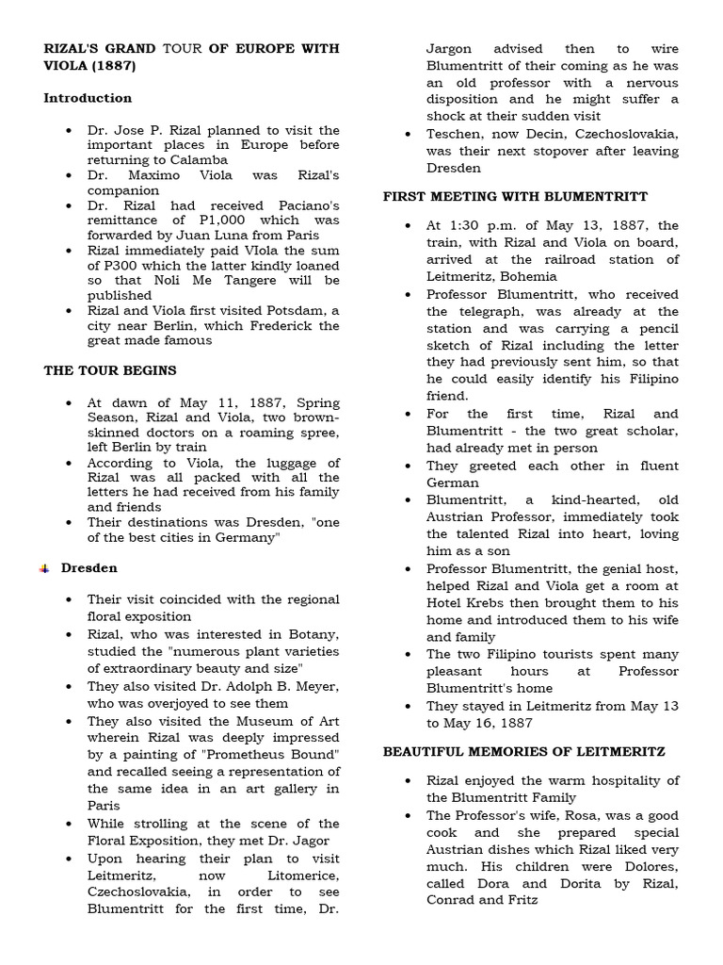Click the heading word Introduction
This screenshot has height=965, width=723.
[88, 98]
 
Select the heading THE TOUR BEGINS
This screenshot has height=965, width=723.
[110, 370]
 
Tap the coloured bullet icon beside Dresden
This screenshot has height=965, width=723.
[44, 568]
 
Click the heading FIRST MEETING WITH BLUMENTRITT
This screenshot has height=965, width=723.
[515, 196]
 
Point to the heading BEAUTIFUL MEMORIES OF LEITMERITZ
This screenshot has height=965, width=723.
[524, 751]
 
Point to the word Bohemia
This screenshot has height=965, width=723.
[526, 277]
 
